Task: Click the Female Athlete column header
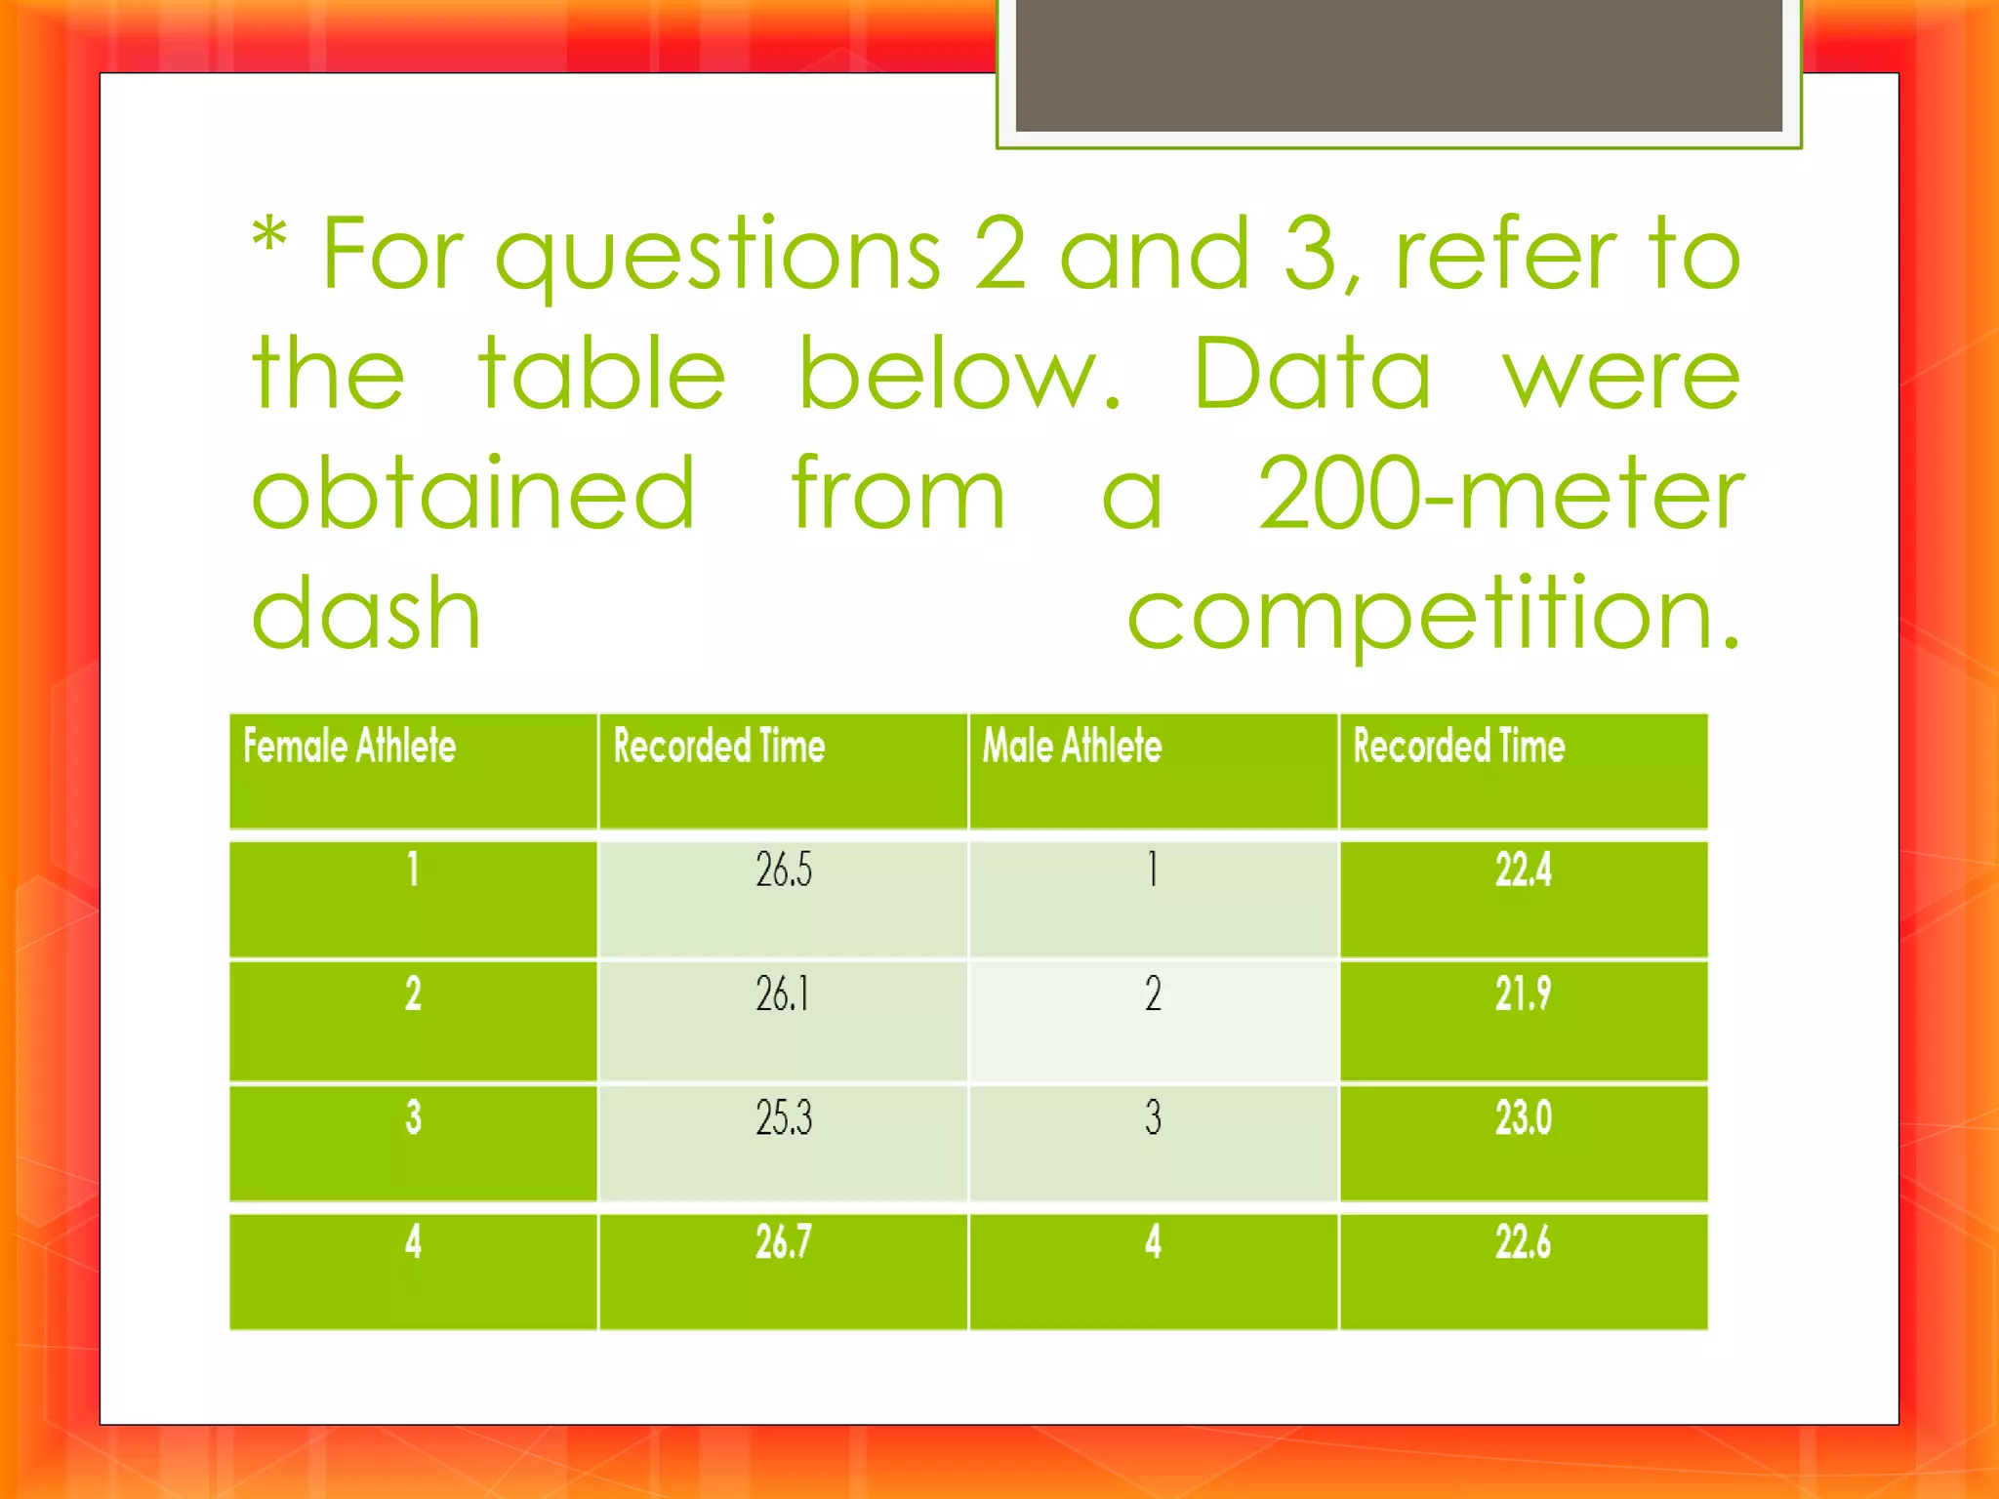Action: coord(349,747)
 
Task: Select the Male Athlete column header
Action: coord(1072,747)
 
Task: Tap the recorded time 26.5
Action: coord(783,870)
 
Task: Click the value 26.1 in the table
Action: coord(783,994)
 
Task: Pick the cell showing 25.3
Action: coord(783,1118)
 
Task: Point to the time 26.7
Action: coord(783,1242)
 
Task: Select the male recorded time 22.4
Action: coord(1523,870)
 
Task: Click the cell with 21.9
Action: coord(1523,994)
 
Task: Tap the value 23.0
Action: coord(1523,1118)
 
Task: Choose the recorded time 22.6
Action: coord(1523,1242)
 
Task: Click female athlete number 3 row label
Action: coord(413,1118)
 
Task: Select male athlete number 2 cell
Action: coord(1153,994)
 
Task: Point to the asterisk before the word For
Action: coord(269,237)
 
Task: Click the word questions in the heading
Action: coord(717,257)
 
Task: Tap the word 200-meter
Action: coord(1500,495)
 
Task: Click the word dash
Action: coord(366,614)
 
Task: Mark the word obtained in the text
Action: coord(473,495)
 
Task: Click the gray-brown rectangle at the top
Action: coord(1399,64)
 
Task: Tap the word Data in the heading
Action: coord(1312,375)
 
